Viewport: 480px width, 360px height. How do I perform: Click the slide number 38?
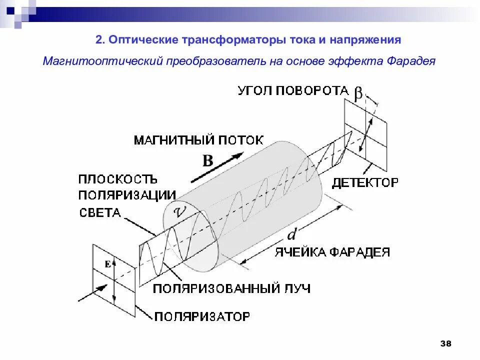point(445,343)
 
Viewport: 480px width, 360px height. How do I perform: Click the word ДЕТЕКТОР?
point(365,182)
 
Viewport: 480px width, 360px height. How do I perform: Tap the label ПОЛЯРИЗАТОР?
point(201,316)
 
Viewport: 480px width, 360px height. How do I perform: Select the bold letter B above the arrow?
point(207,160)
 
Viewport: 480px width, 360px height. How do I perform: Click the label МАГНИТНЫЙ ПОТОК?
point(198,140)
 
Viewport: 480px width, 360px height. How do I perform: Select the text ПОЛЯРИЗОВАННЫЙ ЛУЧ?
point(231,288)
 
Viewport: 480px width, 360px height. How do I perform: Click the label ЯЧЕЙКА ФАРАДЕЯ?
point(331,252)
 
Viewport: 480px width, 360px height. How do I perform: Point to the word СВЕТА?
point(100,213)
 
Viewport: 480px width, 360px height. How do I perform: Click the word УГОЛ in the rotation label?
point(255,90)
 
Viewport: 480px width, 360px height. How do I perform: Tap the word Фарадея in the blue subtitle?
point(411,61)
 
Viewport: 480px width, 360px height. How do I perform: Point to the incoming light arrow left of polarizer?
point(92,293)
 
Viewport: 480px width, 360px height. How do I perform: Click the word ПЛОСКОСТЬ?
point(118,179)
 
